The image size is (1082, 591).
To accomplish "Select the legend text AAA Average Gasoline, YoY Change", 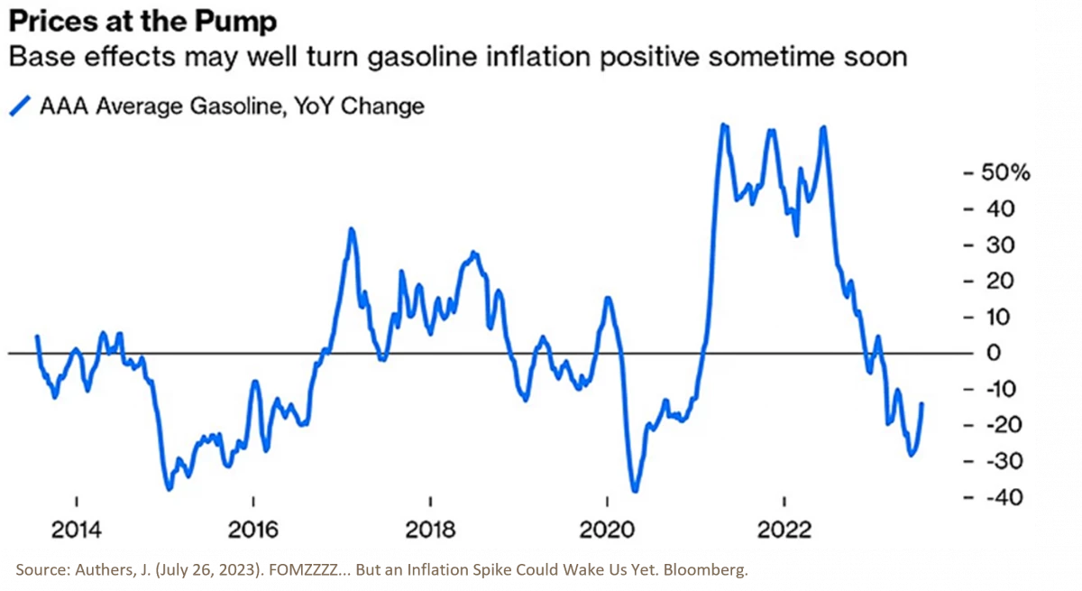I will (x=231, y=106).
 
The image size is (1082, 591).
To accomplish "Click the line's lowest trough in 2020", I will (x=635, y=491).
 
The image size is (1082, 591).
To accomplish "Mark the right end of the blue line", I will (x=922, y=404).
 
